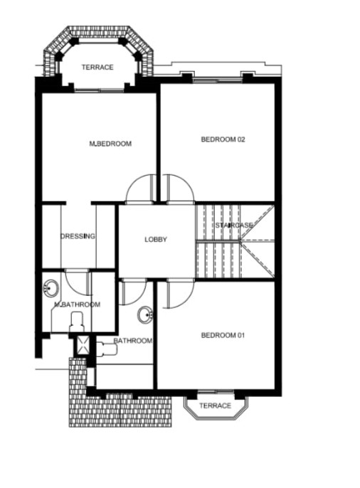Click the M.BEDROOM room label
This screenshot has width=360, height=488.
pos(110,144)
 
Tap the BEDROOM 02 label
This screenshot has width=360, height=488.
pos(223,139)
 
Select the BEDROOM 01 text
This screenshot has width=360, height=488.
pos(223,335)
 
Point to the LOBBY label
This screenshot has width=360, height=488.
pos(156,239)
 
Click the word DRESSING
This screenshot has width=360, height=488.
pos(78,236)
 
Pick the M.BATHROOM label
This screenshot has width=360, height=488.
pos(77,304)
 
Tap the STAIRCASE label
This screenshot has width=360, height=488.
pos(234,225)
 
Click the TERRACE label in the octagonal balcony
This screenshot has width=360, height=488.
pos(97,67)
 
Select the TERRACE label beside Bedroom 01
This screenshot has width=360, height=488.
pos(215,405)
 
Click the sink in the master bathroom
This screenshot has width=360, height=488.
pos(51,287)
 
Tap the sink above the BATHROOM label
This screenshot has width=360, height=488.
pos(145,314)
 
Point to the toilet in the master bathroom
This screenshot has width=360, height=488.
pos(77,322)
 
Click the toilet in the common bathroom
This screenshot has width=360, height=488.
pos(107,349)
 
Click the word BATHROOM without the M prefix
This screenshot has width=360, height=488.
pos(133,341)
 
